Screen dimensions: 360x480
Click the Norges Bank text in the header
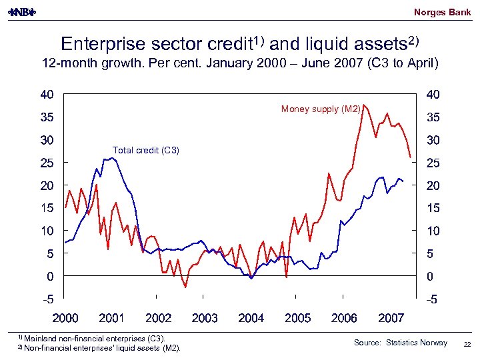[442, 12]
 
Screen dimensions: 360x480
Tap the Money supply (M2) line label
[321, 109]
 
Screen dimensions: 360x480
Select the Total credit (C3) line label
[146, 150]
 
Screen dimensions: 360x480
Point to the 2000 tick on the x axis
[65, 318]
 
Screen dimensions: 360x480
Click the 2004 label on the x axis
[251, 318]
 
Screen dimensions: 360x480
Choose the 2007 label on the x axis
[391, 318]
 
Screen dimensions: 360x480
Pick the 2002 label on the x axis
[158, 318]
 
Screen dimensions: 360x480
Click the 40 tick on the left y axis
[47, 95]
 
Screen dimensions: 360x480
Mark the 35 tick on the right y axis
[433, 117]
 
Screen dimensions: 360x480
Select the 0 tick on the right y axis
[430, 276]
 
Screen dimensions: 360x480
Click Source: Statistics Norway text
[401, 343]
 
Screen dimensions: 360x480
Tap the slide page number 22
[466, 343]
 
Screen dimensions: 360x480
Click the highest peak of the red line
[363, 105]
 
